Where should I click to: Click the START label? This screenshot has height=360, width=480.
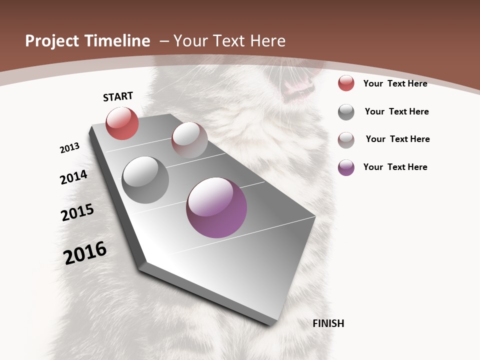coord(118,96)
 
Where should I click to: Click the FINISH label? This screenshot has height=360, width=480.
coord(328,323)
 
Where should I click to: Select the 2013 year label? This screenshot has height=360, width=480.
coord(69,148)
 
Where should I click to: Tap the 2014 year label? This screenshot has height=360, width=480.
coord(74,177)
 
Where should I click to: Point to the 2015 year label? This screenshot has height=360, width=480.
coord(77,212)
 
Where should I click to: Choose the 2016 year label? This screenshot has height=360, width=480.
coord(85,252)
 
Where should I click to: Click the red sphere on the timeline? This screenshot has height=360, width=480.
coord(122,123)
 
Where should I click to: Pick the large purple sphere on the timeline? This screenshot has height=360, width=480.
coord(216,207)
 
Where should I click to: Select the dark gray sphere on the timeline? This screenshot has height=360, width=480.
coord(145,180)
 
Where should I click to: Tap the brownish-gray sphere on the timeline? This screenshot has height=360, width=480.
coord(189,140)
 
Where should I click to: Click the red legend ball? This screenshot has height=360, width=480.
coord(346,83)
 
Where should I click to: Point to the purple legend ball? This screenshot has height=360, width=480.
coord(346,167)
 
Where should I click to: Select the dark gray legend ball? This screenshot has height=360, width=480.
coord(346,112)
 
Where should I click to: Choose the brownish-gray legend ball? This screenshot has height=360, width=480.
coord(346,140)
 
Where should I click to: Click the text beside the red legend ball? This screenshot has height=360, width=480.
coord(395,83)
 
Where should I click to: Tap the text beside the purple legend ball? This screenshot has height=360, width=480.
coord(395,167)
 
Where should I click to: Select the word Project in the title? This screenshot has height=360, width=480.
coord(52,41)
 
